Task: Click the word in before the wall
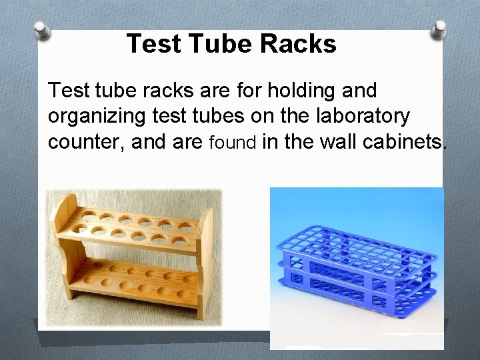pos(270,142)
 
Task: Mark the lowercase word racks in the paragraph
pos(160,89)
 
